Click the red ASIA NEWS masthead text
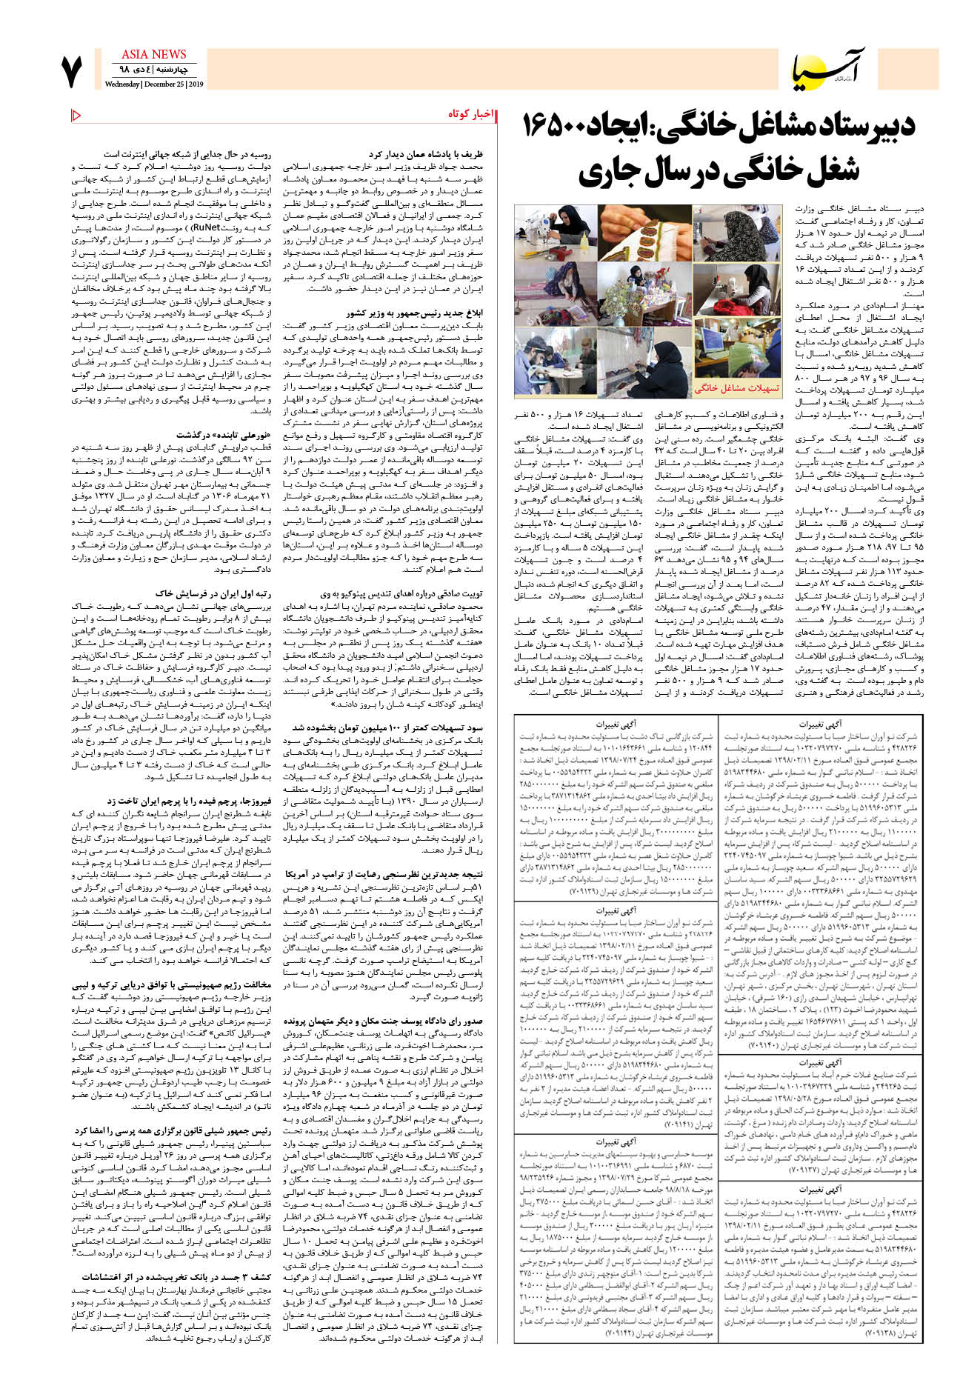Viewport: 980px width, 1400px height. [x=153, y=55]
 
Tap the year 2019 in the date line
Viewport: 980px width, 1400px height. [x=195, y=84]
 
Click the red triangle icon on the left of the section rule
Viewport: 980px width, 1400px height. [x=76, y=114]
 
